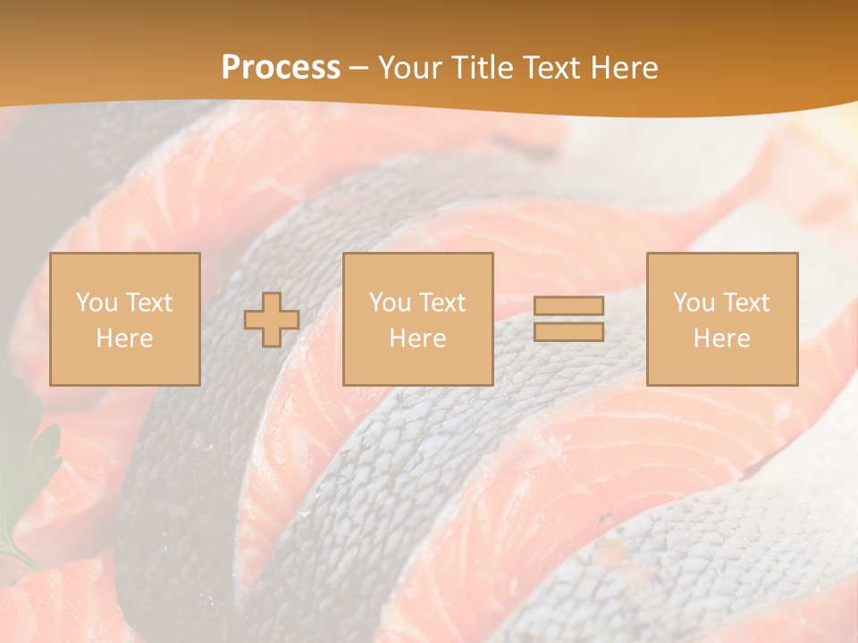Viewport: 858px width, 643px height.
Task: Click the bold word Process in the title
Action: point(281,68)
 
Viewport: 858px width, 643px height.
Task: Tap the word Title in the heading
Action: point(480,68)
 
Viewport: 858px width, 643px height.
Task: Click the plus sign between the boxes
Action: point(272,320)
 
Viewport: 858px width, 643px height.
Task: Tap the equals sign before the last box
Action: point(568,320)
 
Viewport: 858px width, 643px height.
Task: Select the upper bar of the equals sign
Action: point(568,306)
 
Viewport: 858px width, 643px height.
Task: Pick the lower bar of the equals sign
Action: point(568,332)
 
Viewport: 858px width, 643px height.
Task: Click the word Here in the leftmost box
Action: point(124,338)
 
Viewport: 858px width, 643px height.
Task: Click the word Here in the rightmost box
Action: point(721,338)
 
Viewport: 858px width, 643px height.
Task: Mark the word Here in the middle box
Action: point(417,338)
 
